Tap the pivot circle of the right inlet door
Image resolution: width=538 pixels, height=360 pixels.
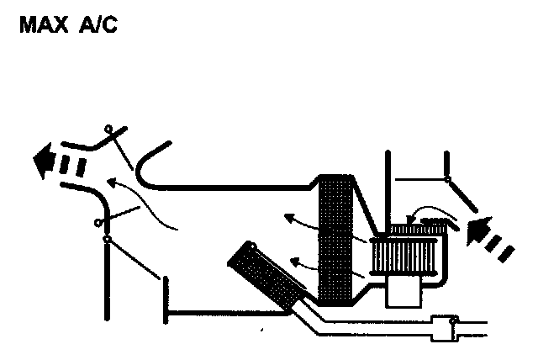click(x=447, y=178)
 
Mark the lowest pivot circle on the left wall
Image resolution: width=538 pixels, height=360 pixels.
click(x=106, y=241)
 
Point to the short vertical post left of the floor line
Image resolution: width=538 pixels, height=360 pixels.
click(x=165, y=299)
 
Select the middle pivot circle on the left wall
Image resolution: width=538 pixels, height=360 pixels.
click(x=98, y=223)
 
